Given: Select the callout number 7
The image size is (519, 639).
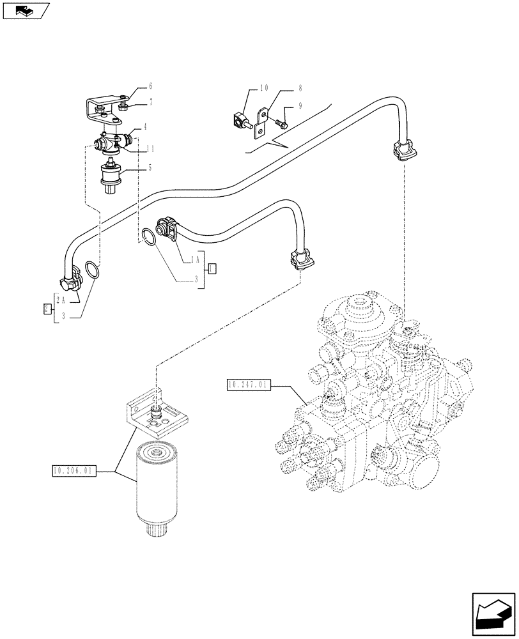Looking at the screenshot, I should [151, 102].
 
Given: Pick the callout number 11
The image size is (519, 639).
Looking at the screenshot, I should [150, 148].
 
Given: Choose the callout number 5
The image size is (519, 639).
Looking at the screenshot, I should [150, 169].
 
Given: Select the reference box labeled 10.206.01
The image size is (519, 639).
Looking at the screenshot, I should [74, 472].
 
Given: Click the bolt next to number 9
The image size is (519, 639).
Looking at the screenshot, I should [283, 121].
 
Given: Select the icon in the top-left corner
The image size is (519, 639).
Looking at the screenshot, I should [25, 11].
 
